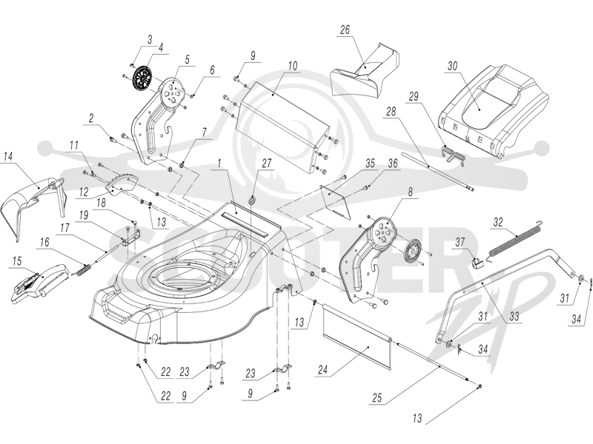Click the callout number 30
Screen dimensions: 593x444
click(452, 66)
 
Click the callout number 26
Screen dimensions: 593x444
click(345, 30)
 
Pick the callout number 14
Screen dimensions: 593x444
click(8, 156)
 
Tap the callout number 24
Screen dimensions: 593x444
click(322, 369)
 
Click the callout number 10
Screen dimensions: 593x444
click(293, 66)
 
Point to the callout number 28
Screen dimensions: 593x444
click(391, 112)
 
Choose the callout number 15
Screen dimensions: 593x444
click(16, 261)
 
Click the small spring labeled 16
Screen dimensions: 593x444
click(85, 270)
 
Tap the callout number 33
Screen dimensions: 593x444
click(514, 316)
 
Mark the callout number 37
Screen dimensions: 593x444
click(460, 242)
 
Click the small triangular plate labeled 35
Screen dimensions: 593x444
click(335, 201)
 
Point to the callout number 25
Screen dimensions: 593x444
click(377, 397)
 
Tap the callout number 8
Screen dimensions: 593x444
click(410, 192)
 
